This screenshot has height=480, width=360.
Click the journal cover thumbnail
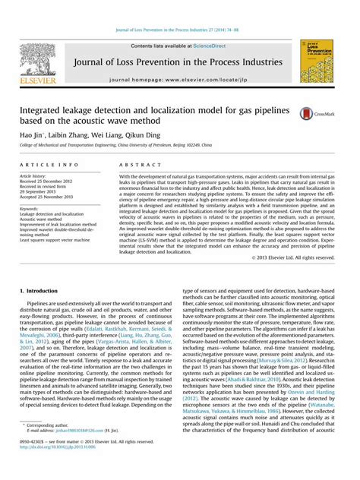tap(317, 62)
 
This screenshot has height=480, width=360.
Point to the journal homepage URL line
tap(180, 79)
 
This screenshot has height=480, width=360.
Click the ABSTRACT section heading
tap(136, 164)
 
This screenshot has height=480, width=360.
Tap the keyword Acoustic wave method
tap(49, 219)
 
